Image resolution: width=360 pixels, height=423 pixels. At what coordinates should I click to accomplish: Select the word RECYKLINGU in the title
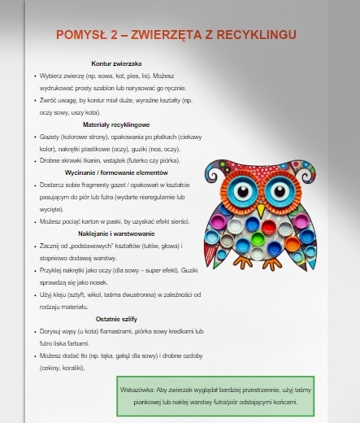pyautogui.click(x=258, y=34)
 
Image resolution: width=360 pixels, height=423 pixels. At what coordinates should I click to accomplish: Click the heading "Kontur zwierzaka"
pyautogui.click(x=117, y=63)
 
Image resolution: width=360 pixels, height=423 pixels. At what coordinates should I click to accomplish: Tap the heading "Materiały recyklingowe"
pyautogui.click(x=117, y=124)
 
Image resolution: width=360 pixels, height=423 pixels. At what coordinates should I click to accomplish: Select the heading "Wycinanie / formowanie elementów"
pyautogui.click(x=117, y=172)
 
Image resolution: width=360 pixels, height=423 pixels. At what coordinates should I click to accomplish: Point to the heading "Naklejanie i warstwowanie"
pyautogui.click(x=117, y=233)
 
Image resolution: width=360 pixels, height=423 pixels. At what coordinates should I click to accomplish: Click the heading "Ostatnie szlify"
pyautogui.click(x=117, y=319)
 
